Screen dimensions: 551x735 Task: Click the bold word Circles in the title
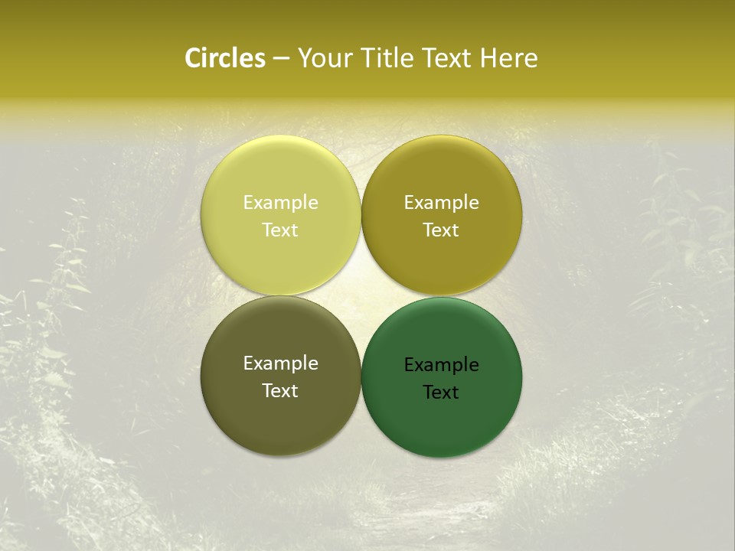tap(225, 58)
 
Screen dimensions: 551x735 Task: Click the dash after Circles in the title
tap(281, 59)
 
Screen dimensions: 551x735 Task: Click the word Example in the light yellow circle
tap(280, 203)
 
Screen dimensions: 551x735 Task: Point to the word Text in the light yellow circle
tap(280, 230)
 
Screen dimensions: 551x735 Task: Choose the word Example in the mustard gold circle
tap(441, 203)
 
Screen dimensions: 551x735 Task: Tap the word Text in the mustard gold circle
tap(441, 230)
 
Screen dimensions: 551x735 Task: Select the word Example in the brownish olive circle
tap(280, 364)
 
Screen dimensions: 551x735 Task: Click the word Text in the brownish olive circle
tap(280, 391)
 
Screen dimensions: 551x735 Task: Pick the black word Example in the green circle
tap(441, 365)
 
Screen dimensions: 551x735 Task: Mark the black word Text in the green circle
tap(441, 393)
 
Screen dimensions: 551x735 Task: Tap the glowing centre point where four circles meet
tap(361, 296)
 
